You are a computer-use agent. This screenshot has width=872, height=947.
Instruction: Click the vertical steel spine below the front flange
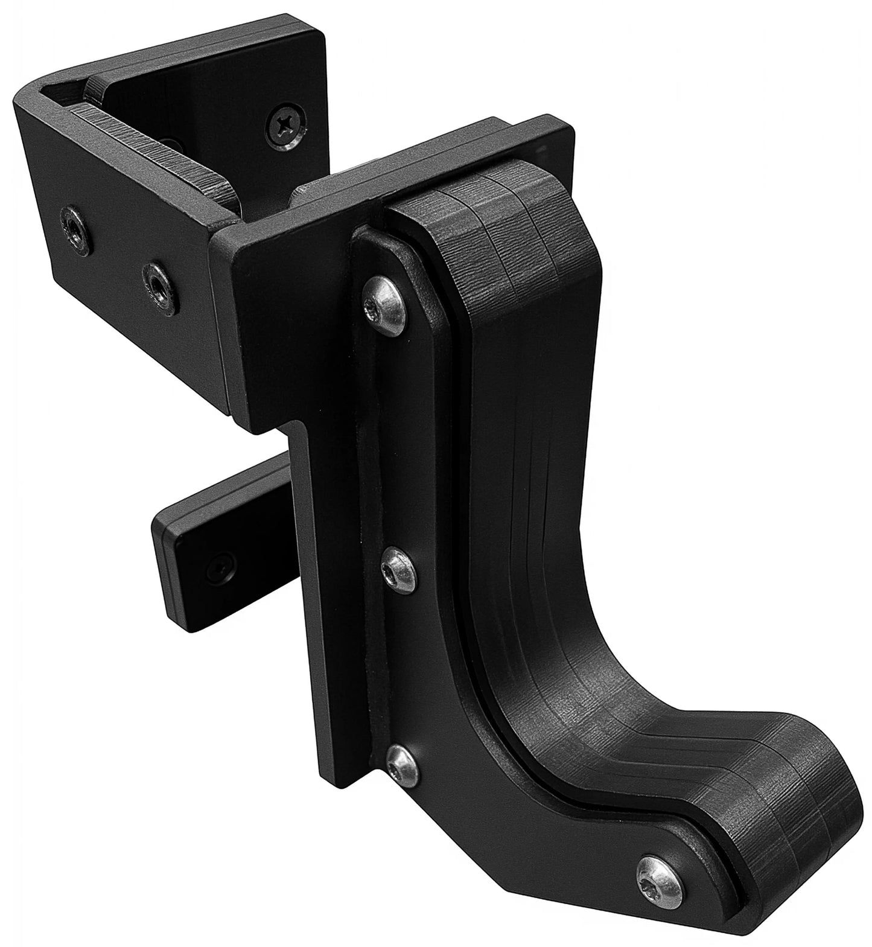338,604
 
